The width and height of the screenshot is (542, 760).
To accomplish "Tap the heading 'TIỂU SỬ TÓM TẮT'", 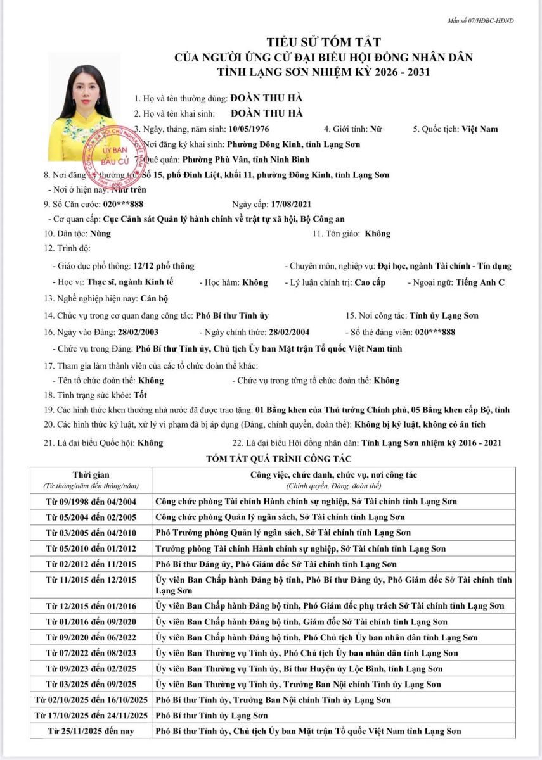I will (324, 42).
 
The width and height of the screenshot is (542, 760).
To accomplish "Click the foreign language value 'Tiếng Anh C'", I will (481, 282).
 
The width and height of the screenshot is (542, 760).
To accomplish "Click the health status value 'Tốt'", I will (132, 395).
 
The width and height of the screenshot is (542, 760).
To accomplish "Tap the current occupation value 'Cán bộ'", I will (153, 298).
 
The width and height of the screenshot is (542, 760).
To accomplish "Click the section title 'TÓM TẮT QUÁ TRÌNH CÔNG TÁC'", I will (274, 458).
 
